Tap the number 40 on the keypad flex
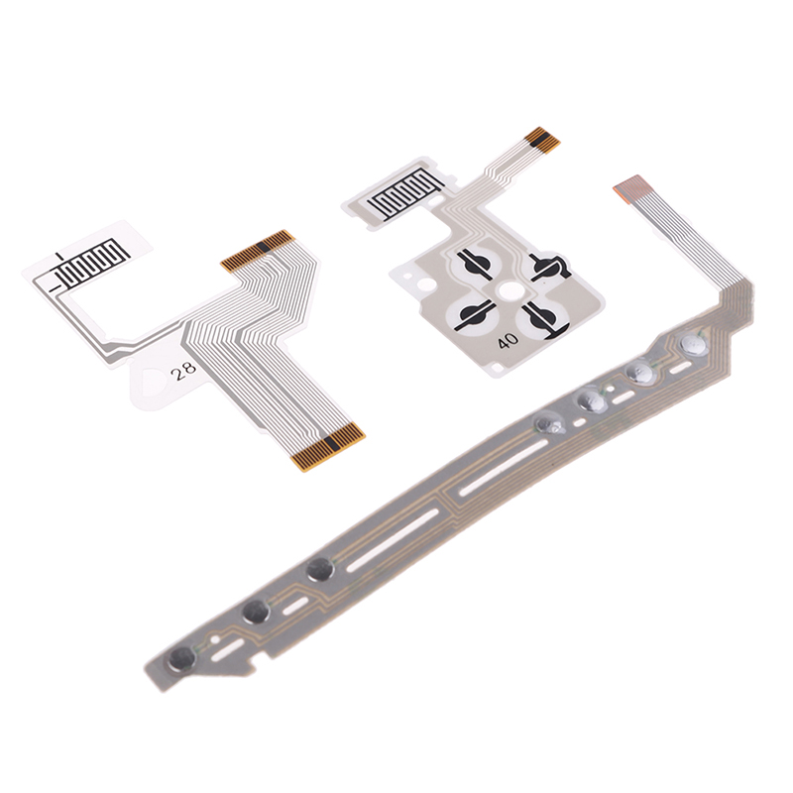coord(508,341)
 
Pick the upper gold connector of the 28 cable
coord(258,251)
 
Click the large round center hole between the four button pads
coord(510,291)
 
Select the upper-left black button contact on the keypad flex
coord(475,263)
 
